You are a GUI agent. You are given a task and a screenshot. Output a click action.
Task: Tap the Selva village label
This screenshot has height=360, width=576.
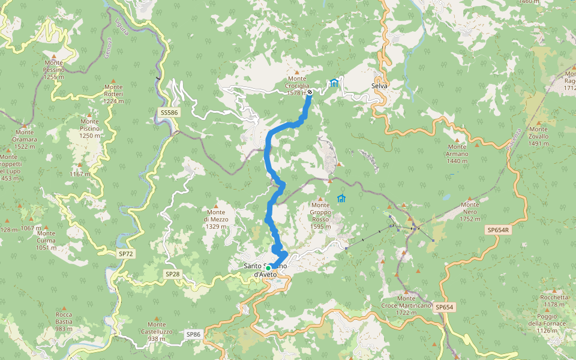tap(379, 86)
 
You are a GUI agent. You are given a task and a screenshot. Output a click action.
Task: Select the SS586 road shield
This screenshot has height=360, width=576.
tap(169, 112)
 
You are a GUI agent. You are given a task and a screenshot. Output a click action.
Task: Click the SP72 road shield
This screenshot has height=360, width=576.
tap(126, 254)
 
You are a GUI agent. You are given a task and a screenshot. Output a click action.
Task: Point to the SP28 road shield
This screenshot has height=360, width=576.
tap(172, 274)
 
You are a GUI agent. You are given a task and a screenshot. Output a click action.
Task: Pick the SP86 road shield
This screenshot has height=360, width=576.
tap(193, 334)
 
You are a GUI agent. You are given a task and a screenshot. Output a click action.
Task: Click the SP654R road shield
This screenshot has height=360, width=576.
tap(498, 230)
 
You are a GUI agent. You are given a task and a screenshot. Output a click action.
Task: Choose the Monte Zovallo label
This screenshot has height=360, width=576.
tap(538, 136)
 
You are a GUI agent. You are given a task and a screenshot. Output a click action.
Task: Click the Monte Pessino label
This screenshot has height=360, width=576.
tap(53, 70)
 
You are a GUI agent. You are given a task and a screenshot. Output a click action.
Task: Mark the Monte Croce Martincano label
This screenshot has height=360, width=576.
tap(406, 305)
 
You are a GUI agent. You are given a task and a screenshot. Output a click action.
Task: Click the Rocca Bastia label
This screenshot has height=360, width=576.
tap(64, 321)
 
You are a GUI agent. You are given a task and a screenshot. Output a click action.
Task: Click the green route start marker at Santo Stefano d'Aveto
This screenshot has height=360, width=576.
tap(269, 268)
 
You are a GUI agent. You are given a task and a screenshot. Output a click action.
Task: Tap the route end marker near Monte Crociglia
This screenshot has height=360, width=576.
tap(310, 92)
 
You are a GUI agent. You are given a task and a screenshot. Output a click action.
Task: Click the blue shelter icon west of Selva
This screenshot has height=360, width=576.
tap(334, 83)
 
